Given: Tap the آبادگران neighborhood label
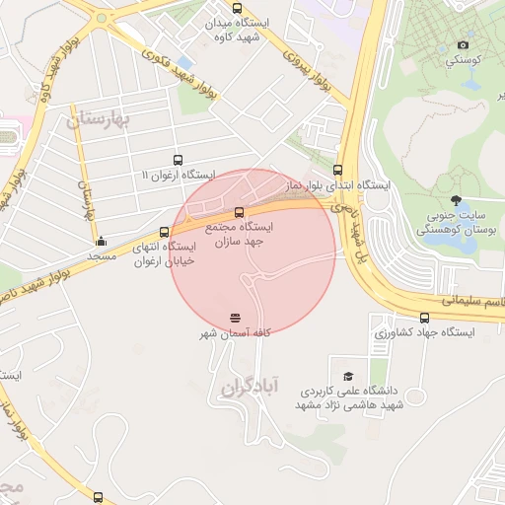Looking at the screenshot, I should pos(252,385).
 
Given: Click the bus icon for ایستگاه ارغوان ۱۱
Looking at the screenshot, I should pos(178,161).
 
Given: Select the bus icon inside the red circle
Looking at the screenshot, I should pos(239,212).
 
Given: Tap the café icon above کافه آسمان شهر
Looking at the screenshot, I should pos(235,318).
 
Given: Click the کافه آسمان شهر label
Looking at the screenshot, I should pos(235,335).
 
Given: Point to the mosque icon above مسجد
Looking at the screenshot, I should pos(100,241).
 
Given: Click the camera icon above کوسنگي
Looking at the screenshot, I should pos(464,45).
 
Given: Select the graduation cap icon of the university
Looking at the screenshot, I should pos(347,376).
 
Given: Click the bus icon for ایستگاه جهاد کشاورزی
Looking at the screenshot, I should pos(425,318).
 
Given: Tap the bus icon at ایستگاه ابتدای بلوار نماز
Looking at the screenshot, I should pos(338,169).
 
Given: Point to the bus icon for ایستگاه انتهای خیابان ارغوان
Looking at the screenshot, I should pos(164,233).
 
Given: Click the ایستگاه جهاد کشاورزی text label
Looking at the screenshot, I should pos(424,333).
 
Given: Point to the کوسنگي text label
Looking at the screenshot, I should pos(464,60).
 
